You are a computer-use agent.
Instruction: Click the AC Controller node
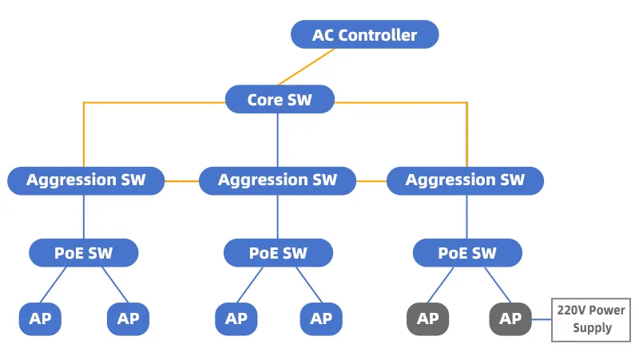point(365,34)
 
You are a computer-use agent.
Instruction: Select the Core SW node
point(280,99)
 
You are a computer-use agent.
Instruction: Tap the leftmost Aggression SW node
point(86,180)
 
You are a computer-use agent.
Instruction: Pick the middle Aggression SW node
point(277,180)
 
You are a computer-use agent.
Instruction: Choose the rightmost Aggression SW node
point(465,180)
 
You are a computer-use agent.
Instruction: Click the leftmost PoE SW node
point(84,253)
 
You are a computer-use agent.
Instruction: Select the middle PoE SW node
point(278,253)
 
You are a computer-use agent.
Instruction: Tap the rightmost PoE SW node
point(467,253)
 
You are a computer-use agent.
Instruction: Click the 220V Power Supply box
point(591,319)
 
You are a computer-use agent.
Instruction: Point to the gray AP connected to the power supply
point(510,318)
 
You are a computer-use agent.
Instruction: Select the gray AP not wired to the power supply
point(428,318)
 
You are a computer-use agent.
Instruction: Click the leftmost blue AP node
point(41,318)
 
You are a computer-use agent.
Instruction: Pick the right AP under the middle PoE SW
point(321,318)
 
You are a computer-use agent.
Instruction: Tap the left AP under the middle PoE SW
point(236,318)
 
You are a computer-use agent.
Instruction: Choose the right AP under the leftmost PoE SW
point(129,318)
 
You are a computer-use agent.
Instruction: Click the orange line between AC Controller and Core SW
point(307,67)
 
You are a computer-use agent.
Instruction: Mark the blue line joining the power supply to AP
point(542,319)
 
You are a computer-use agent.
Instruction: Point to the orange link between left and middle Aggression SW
point(182,181)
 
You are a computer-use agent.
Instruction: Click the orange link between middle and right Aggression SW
point(371,181)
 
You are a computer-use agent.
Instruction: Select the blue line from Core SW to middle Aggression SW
point(277,140)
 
